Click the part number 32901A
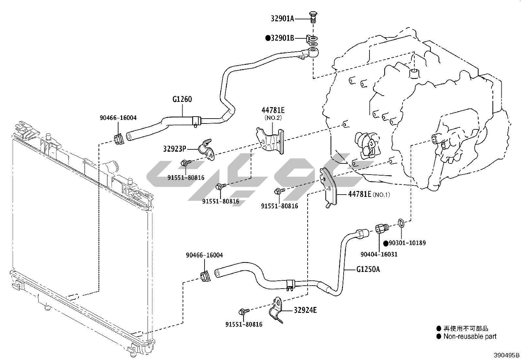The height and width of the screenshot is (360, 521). tap(282, 19)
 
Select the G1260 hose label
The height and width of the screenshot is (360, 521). tap(182, 99)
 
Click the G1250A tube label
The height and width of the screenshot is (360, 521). tap(368, 269)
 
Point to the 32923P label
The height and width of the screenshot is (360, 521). tap(174, 149)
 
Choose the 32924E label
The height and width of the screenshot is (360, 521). tap(305, 310)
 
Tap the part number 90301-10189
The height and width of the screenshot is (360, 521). tap(407, 243)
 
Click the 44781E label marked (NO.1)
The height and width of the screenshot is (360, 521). tap(359, 194)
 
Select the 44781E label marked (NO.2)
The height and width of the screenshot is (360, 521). tap(273, 110)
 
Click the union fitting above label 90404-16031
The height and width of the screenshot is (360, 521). tap(381, 227)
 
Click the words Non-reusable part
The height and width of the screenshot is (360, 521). tap(470, 336)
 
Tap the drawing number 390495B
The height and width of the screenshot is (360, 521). tap(507, 355)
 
